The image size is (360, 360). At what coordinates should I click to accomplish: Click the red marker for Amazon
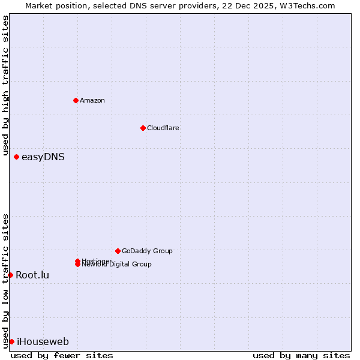pos(76,100)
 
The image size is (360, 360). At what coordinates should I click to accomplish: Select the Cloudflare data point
pos(143,128)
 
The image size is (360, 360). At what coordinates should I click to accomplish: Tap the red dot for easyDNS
pos(16,157)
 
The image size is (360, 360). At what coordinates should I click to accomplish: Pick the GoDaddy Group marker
pos(118,251)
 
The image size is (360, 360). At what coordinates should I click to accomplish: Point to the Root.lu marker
pos(10,275)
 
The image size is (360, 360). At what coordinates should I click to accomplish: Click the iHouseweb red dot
pos(11,341)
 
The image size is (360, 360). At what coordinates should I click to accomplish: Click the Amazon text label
pos(92,100)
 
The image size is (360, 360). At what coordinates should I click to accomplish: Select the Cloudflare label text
pos(163,128)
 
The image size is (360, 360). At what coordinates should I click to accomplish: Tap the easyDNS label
pos(43,157)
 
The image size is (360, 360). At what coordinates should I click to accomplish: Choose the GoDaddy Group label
pos(147,251)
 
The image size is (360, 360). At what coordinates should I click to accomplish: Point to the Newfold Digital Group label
pos(117,265)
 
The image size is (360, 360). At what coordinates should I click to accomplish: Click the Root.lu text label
pos(32,275)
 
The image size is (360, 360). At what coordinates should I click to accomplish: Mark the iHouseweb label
pos(43,342)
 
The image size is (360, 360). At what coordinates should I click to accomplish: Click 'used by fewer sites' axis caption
pos(62,355)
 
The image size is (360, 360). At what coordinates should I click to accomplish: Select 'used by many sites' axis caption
pos(301,355)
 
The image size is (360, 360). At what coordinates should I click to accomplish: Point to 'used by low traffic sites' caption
pos(5,280)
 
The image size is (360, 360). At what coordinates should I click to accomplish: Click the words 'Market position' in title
pos(53,5)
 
